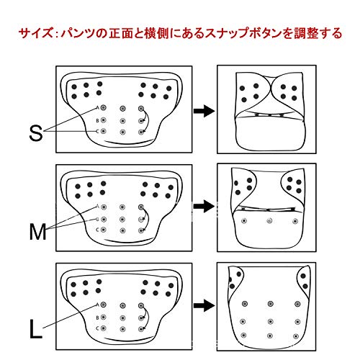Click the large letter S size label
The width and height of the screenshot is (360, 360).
[x=36, y=132]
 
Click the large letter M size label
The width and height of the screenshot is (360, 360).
[x=37, y=231]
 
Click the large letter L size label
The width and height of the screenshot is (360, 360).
[x=36, y=330]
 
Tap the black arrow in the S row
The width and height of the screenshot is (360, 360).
[x=204, y=111]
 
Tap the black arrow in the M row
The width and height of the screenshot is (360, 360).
[x=204, y=206]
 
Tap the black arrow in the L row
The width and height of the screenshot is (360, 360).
[x=204, y=305]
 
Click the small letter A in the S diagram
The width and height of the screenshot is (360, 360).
[x=97, y=108]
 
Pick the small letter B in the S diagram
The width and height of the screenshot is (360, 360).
[x=97, y=121]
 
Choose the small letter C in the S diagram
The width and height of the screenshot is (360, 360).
[x=97, y=132]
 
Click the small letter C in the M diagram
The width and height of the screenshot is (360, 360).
[x=97, y=230]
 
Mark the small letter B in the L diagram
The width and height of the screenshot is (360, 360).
[x=97, y=318]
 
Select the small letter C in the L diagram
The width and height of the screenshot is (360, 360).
[x=97, y=328]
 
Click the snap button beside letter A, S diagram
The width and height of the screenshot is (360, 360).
[x=104, y=107]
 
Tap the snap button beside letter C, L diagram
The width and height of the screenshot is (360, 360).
[x=104, y=328]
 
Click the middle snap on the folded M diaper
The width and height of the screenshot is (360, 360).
[x=270, y=220]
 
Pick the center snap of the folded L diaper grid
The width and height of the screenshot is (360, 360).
[x=270, y=321]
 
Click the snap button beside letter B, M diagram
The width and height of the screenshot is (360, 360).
[x=104, y=220]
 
